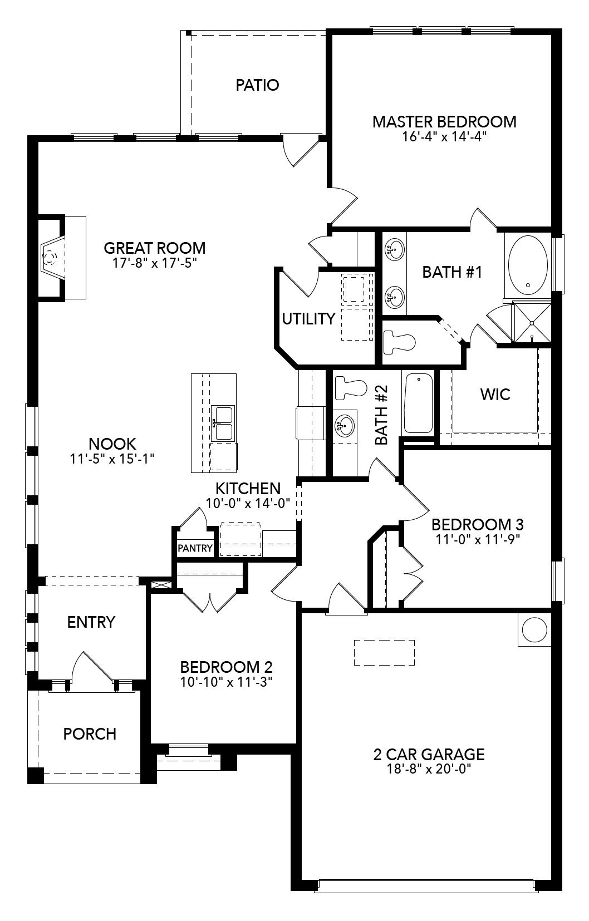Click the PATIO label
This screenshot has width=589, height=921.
257,85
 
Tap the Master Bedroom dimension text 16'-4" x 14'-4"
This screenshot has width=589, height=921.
444,137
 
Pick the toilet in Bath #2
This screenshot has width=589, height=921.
351,388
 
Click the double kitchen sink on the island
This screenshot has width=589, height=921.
223,424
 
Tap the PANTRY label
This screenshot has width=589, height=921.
195,548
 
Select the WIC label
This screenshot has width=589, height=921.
495,395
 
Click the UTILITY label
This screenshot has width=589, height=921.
308,319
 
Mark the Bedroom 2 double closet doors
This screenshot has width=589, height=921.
210,601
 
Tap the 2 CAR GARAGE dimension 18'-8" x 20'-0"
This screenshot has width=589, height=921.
428,769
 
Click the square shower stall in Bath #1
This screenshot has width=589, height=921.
532,322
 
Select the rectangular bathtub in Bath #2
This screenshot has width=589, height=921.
418,403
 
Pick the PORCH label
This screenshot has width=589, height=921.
90,733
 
